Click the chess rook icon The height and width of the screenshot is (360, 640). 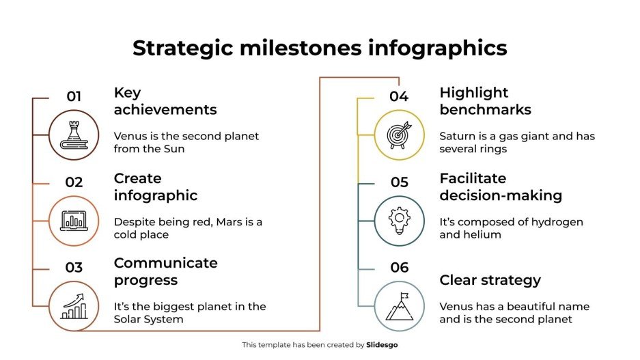pos(74,135)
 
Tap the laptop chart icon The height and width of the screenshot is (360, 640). pos(74,220)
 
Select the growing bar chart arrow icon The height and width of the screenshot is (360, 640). pos(74,307)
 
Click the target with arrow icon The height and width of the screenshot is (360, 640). pos(400,135)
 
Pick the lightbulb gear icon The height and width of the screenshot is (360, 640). pos(400,220)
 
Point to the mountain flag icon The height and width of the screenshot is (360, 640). pos(400,307)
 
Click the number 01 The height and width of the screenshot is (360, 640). pos(74,96)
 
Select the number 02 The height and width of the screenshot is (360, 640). pos(74,182)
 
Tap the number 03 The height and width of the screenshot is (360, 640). pos(74,268)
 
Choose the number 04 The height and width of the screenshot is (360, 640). pos(399,96)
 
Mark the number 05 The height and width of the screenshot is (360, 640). pos(399,182)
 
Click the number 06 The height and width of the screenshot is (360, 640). pos(399,268)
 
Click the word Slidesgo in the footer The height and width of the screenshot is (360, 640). pos(382,345)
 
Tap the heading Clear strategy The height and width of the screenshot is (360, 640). pos(490,280)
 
